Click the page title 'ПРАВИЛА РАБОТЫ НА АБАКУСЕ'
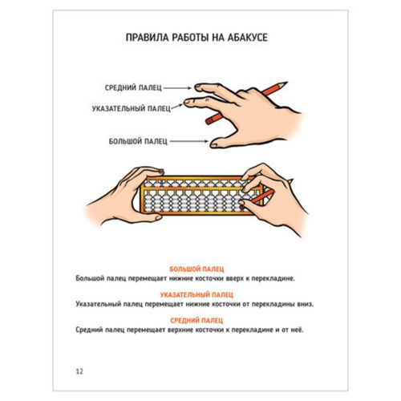(x=196, y=38)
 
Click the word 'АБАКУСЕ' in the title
(x=248, y=38)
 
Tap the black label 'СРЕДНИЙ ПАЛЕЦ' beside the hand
(x=133, y=87)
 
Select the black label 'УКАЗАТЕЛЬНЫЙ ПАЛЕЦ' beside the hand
(x=132, y=108)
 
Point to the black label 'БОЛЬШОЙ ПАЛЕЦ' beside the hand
(x=138, y=141)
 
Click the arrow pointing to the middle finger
(x=177, y=87)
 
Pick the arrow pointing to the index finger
(x=177, y=107)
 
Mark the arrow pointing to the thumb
(x=189, y=141)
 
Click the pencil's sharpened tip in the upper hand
(x=287, y=82)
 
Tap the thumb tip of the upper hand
(x=213, y=145)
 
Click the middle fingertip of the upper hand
(x=197, y=87)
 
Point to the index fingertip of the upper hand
(x=187, y=102)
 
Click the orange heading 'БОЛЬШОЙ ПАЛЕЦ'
(x=196, y=269)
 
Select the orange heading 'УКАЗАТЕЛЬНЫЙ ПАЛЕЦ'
(x=196, y=294)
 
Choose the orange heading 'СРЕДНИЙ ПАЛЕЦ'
(x=196, y=320)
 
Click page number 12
(x=79, y=371)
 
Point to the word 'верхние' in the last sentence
(x=180, y=330)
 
